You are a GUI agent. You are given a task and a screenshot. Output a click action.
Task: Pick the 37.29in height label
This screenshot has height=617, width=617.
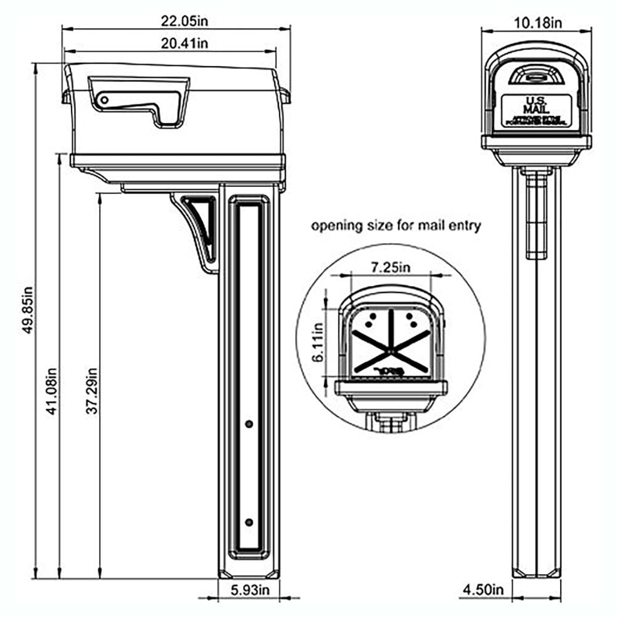(93, 391)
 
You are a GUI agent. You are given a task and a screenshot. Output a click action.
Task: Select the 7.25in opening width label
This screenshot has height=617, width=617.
(390, 267)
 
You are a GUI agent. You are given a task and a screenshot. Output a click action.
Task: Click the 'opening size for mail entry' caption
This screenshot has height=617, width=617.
(395, 226)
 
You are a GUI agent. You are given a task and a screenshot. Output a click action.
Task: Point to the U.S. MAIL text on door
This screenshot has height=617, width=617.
(536, 104)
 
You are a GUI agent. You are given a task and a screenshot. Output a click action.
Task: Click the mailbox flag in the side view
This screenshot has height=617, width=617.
(142, 99)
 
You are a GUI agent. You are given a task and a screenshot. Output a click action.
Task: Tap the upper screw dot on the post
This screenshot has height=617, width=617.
(249, 424)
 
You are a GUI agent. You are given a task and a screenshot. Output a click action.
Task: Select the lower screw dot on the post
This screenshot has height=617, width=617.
(249, 523)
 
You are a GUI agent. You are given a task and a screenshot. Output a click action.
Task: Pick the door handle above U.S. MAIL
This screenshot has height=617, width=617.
(535, 77)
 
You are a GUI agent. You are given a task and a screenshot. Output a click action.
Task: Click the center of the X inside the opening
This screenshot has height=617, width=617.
(391, 352)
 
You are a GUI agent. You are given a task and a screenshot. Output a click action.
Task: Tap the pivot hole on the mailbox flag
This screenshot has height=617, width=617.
(105, 99)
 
